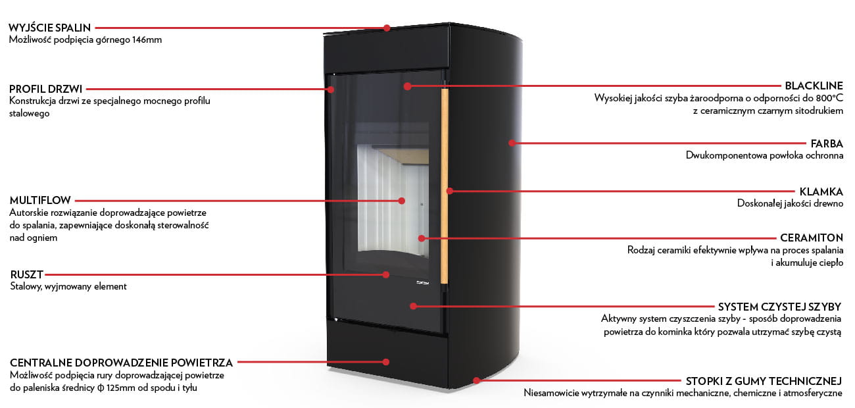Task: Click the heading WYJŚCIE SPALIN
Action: pyautogui.click(x=49, y=28)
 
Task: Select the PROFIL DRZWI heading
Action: pyautogui.click(x=46, y=89)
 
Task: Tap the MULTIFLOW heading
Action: pyautogui.click(x=41, y=200)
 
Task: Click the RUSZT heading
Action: pyautogui.click(x=27, y=274)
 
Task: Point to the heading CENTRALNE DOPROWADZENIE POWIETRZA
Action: pyautogui.click(x=122, y=363)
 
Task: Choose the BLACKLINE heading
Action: pyautogui.click(x=814, y=86)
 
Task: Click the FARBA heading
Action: pyautogui.click(x=827, y=143)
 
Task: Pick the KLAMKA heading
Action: pyautogui.click(x=821, y=191)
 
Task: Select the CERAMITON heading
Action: pyautogui.click(x=812, y=238)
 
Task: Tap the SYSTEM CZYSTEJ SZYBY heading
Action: pyautogui.click(x=780, y=307)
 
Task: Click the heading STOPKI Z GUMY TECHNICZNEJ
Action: pyautogui.click(x=764, y=381)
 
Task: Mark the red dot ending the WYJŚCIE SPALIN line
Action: pyautogui.click(x=387, y=28)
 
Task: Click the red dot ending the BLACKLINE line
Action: pyautogui.click(x=408, y=86)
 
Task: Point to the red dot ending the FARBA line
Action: pyautogui.click(x=512, y=143)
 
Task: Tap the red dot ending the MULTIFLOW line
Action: pyautogui.click(x=402, y=201)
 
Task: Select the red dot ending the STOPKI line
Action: pyautogui.click(x=476, y=380)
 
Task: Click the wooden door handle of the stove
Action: pyautogui.click(x=445, y=186)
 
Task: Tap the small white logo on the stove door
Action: pyautogui.click(x=422, y=283)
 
